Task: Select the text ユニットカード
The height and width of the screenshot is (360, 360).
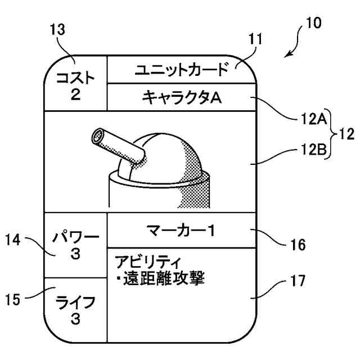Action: tap(182, 70)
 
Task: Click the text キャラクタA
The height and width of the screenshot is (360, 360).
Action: tap(182, 98)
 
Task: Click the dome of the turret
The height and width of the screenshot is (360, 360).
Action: tap(169, 157)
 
